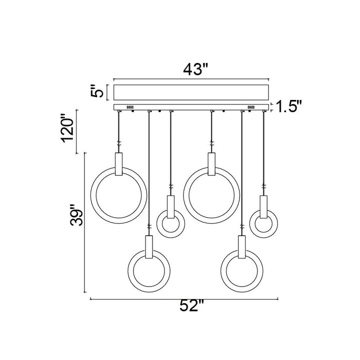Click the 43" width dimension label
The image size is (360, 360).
click(195, 69)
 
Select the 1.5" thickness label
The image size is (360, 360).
click(288, 106)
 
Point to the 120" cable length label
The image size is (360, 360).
click(68, 127)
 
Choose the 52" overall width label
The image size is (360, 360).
click(191, 305)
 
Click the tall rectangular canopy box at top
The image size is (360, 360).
click(191, 92)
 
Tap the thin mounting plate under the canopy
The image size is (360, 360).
click(191, 107)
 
